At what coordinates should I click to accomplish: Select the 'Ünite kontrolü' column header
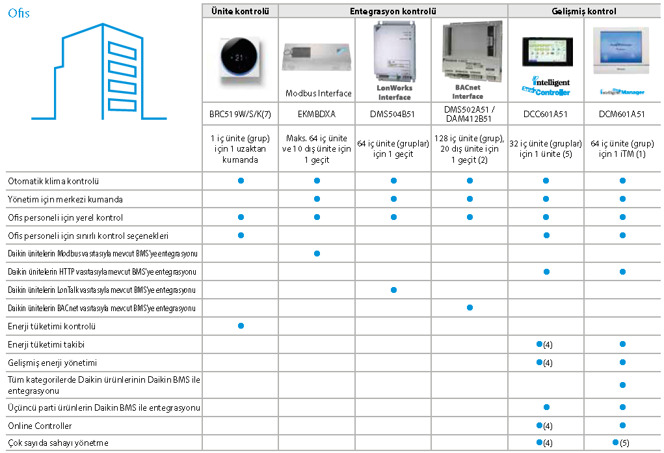pos(240,11)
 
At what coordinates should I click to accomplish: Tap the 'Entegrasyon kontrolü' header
pos(393,11)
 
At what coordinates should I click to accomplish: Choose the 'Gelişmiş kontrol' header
pos(583,11)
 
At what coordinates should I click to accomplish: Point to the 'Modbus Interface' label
pos(319,94)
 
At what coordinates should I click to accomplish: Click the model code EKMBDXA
pos(317,114)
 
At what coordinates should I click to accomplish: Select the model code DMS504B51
pos(393,114)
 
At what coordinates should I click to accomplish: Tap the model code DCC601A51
pos(546,114)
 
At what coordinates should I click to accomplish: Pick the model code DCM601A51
pos(622,114)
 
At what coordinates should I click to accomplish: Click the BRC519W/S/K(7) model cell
pos(240,114)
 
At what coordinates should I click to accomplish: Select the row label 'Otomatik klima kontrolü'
pos(53,181)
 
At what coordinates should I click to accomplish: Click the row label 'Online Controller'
pos(40,426)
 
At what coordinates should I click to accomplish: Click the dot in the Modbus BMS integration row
pos(317,253)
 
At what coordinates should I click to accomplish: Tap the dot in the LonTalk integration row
pos(393,290)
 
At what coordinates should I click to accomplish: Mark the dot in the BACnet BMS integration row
pos(470,307)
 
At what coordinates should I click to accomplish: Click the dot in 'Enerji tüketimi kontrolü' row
pos(241,325)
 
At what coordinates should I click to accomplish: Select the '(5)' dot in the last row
pos(615,443)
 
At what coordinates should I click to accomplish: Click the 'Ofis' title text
pos(19,14)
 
